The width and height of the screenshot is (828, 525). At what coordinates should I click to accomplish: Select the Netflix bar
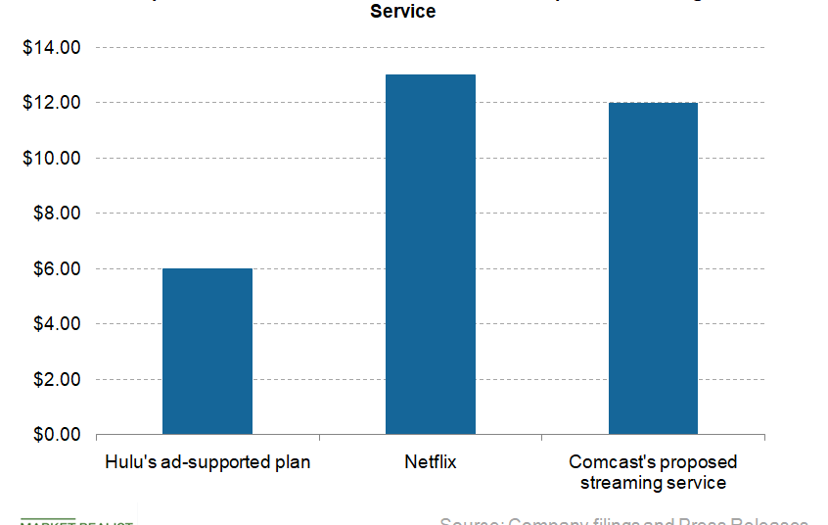pos(430,254)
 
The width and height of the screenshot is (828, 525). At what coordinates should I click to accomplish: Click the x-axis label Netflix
pos(430,461)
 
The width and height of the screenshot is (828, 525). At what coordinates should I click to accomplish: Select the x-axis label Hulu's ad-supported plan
pos(207,461)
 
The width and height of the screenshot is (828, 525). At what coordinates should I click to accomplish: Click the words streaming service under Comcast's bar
pos(653,483)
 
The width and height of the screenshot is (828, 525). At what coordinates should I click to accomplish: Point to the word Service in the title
pos(402,12)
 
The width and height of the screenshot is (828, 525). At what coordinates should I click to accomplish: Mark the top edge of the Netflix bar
pos(430,75)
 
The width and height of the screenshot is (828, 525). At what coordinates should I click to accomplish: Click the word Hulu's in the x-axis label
pos(125,461)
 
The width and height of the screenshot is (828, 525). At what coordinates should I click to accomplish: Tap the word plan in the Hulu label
pos(292,462)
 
